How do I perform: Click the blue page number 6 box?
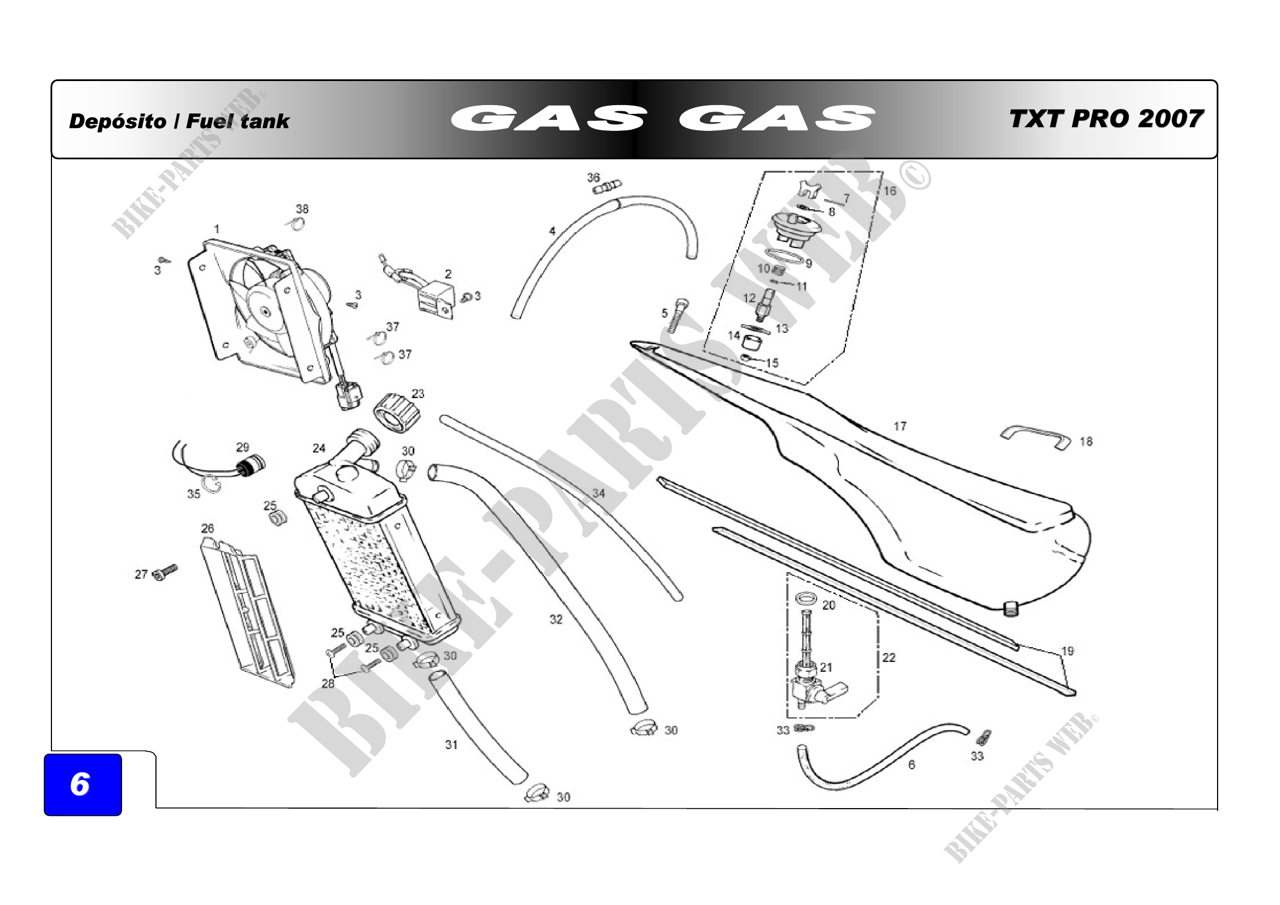click(x=82, y=784)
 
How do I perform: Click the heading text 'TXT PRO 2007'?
click(x=1106, y=119)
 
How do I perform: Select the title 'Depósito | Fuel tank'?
click(x=179, y=121)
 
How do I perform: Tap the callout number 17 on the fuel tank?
click(x=900, y=426)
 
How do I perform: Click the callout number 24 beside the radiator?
click(x=318, y=448)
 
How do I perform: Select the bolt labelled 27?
click(x=165, y=572)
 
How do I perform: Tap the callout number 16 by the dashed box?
click(x=890, y=191)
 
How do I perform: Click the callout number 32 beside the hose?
click(x=556, y=619)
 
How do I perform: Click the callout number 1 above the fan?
click(x=216, y=229)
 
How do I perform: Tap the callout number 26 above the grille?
click(x=207, y=528)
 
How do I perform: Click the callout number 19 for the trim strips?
click(x=1067, y=651)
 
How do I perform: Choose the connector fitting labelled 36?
click(x=607, y=186)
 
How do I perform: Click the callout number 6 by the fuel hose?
click(x=912, y=764)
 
